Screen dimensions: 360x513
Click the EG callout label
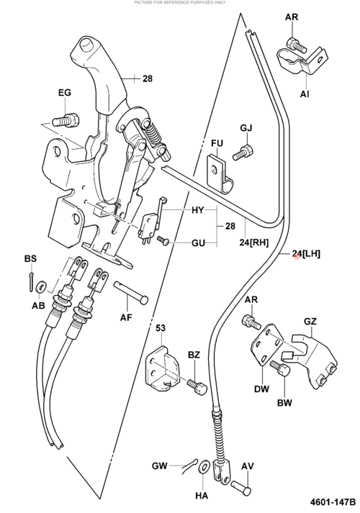65,93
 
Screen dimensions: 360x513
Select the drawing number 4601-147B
333,502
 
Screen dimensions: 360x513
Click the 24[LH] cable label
306,253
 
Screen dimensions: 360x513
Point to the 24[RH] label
253,242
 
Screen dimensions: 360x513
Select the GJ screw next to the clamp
243,152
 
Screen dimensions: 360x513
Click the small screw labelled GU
163,240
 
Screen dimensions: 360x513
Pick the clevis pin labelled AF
131,293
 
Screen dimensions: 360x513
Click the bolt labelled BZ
197,386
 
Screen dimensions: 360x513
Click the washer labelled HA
204,466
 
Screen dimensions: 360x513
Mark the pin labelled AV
241,487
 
